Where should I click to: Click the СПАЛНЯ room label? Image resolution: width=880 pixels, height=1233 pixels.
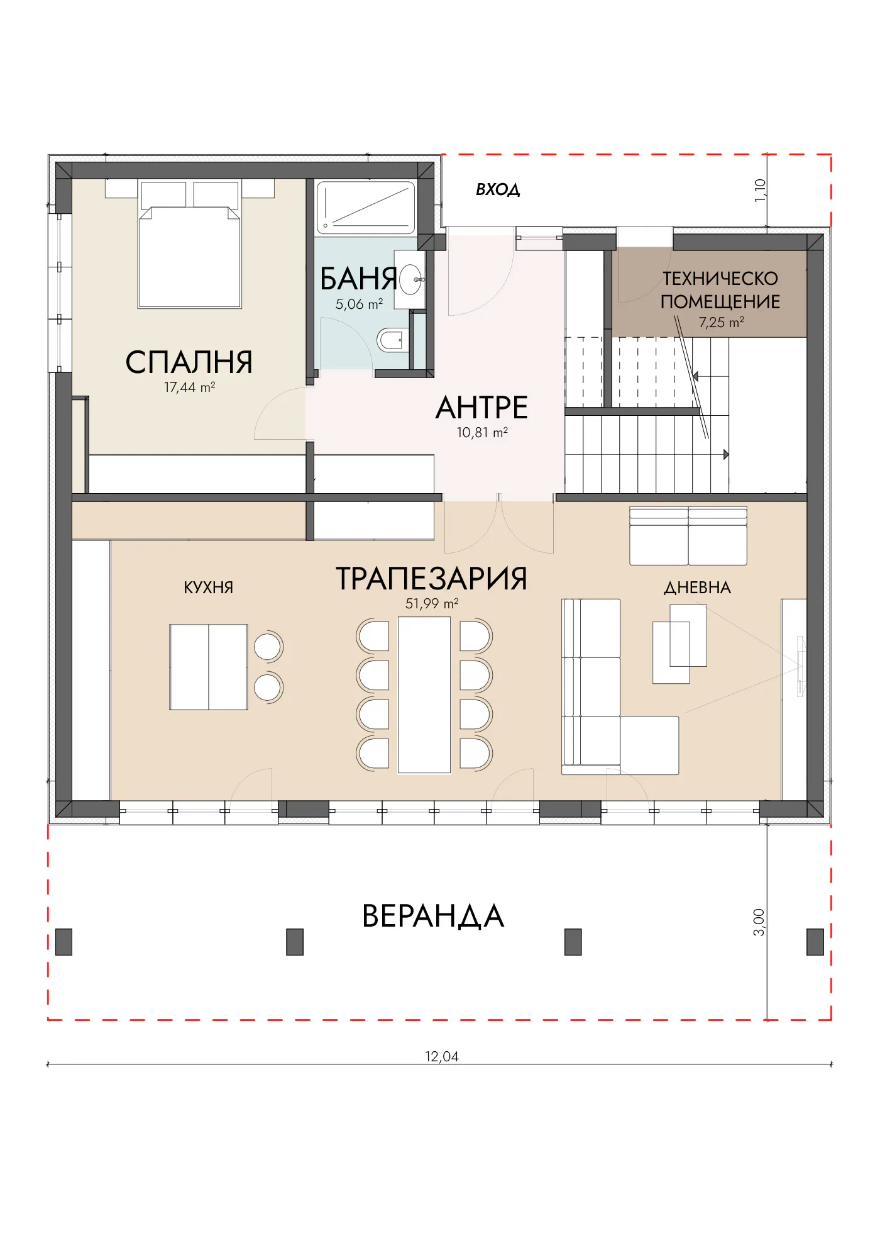(189, 362)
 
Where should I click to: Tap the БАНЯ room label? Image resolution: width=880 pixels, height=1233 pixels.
(359, 279)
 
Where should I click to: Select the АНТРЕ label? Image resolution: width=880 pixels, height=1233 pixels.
(482, 408)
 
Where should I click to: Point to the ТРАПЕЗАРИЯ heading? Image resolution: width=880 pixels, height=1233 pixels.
(432, 579)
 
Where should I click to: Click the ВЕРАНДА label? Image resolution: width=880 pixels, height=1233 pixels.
(433, 916)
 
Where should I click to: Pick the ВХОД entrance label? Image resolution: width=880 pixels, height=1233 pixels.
(498, 189)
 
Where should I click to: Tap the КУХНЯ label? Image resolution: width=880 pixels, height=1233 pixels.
(208, 588)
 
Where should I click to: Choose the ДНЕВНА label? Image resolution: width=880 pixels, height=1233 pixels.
(698, 588)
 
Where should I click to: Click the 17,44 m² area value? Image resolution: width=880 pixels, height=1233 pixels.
(190, 388)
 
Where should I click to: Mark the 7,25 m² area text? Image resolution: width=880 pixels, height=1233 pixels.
(722, 323)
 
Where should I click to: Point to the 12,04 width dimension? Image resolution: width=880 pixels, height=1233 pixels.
(442, 1057)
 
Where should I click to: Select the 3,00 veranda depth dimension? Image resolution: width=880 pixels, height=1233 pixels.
(759, 922)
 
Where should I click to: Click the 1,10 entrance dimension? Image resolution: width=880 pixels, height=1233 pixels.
(761, 190)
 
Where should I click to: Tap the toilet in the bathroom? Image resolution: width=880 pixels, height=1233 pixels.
(392, 340)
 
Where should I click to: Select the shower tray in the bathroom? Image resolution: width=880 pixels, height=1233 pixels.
(366, 207)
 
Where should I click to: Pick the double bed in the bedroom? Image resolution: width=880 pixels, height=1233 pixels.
(190, 245)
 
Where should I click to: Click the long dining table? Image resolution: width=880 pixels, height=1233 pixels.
(424, 695)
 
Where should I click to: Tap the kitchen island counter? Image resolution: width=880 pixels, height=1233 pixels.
(209, 667)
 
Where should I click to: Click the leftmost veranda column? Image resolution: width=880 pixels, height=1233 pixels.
(64, 942)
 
